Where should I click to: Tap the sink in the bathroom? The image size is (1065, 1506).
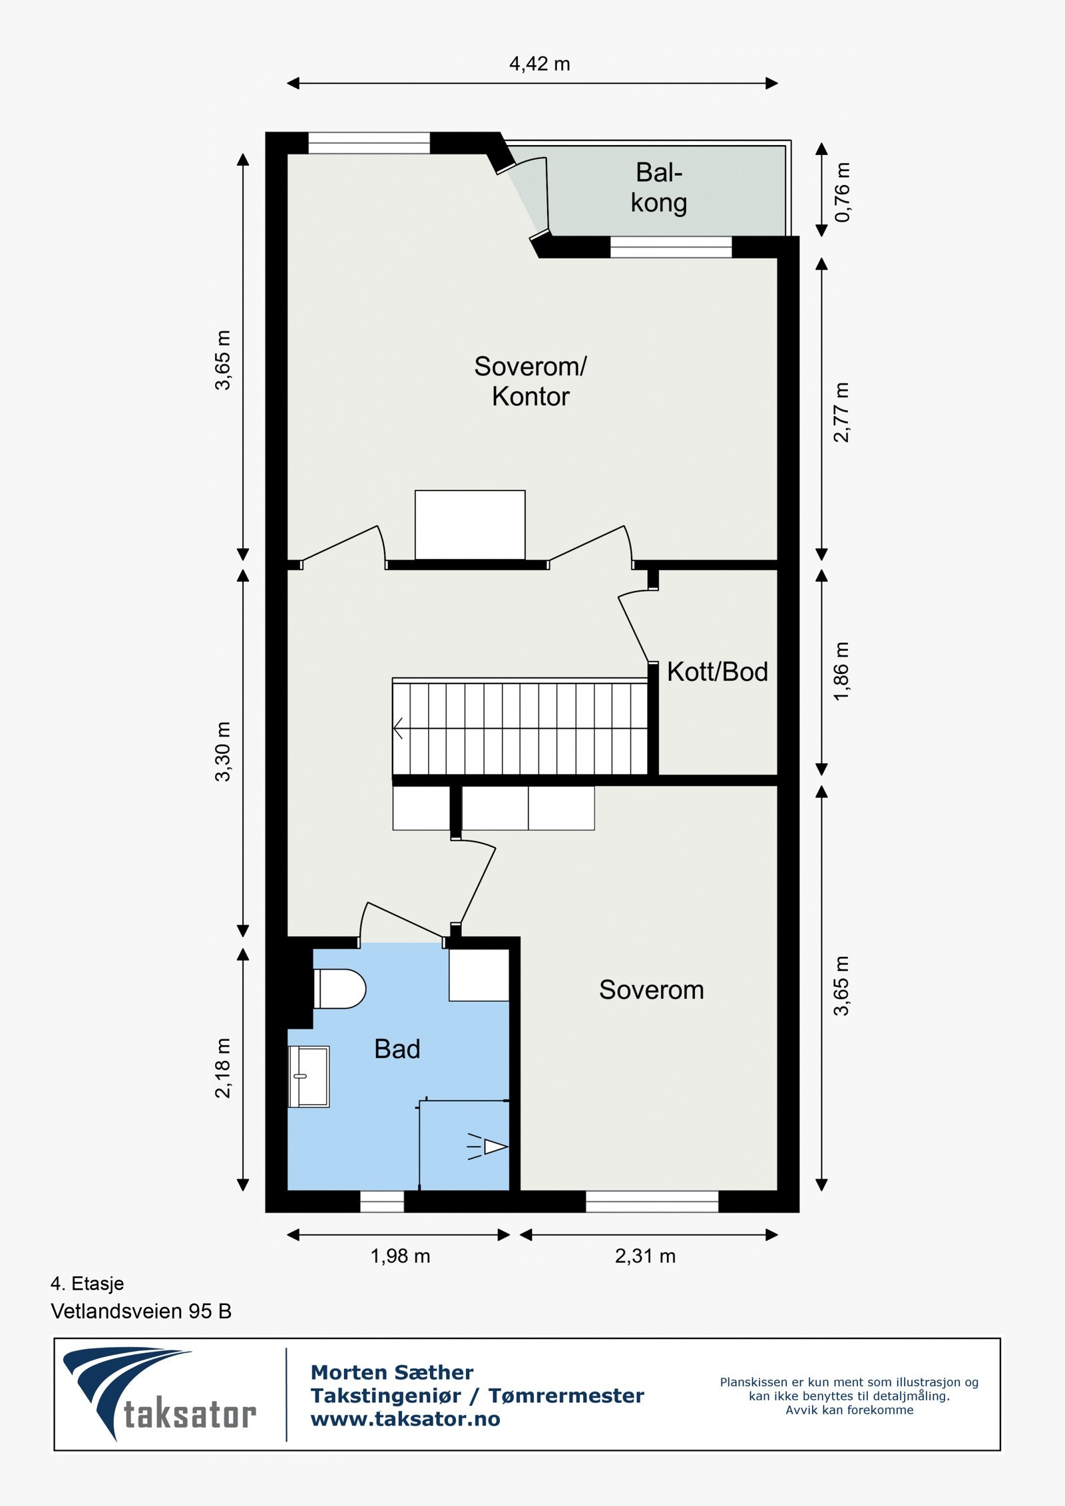pyautogui.click(x=308, y=1076)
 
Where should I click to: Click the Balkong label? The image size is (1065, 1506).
pyautogui.click(x=658, y=188)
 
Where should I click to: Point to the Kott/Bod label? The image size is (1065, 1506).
pyautogui.click(x=717, y=672)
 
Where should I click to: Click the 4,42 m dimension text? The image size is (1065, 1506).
pyautogui.click(x=539, y=64)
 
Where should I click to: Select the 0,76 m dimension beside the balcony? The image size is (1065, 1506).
pyautogui.click(x=843, y=192)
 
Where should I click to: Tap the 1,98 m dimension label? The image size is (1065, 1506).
pyautogui.click(x=400, y=1256)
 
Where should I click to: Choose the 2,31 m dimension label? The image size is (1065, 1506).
pyautogui.click(x=645, y=1256)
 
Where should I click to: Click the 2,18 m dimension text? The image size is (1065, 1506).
pyautogui.click(x=222, y=1067)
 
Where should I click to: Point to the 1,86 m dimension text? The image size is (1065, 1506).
pyautogui.click(x=843, y=671)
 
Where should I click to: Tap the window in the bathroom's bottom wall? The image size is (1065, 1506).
pyautogui.click(x=382, y=1201)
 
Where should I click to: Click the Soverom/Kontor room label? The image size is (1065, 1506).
pyautogui.click(x=530, y=381)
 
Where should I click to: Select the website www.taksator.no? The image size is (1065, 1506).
pyautogui.click(x=405, y=1419)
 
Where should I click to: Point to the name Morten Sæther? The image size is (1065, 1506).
pyautogui.click(x=392, y=1372)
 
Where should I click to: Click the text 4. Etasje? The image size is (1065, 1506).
pyautogui.click(x=87, y=1284)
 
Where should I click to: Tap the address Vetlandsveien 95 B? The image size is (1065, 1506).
pyautogui.click(x=141, y=1312)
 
